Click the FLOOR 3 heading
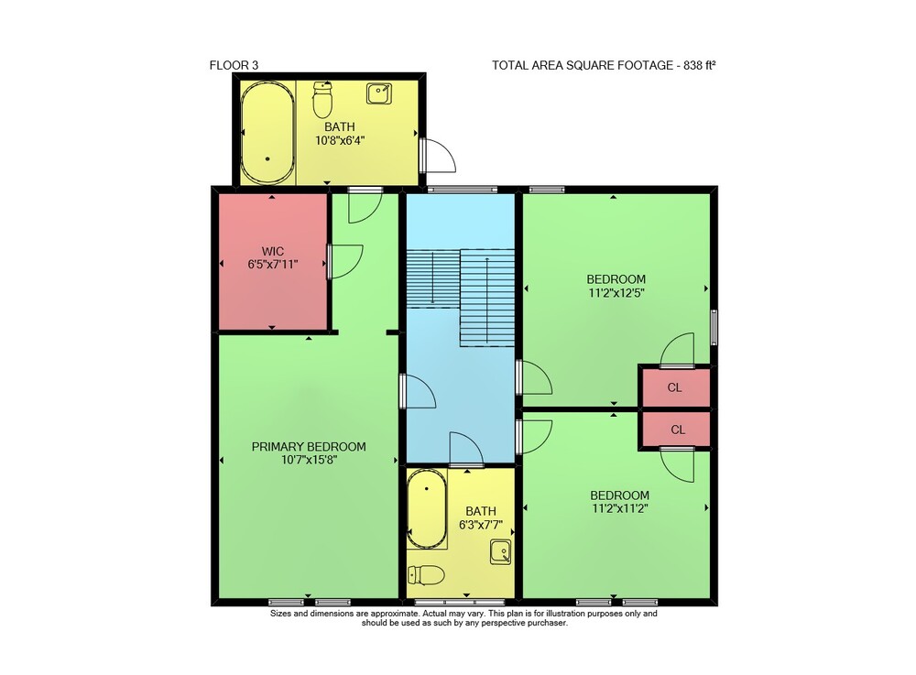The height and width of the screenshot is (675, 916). point(234,65)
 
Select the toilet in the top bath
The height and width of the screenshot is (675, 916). point(322,99)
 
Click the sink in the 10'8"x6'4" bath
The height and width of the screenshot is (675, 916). point(379,93)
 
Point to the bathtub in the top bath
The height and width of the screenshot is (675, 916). point(267,133)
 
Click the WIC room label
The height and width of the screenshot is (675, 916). point(273,251)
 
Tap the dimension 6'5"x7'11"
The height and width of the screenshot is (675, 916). point(273,265)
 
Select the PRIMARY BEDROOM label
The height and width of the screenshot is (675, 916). point(309,447)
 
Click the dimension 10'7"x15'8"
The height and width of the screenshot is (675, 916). point(309,460)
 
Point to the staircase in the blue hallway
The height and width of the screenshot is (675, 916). point(461,298)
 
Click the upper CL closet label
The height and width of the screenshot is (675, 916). point(675,387)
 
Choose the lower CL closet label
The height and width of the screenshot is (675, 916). point(678,430)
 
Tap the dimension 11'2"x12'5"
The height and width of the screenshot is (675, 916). point(616,293)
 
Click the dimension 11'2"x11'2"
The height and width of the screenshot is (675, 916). point(620,508)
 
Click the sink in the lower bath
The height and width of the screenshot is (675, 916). point(501,552)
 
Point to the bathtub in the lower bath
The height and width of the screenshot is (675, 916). point(427,508)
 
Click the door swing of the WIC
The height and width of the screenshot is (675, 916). point(346,262)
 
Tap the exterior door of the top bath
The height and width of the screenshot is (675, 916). point(438,156)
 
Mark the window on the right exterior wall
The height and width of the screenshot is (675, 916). point(714,328)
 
